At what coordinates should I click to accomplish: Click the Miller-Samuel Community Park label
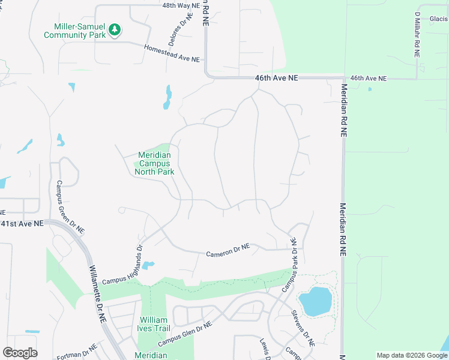pyautogui.click(x=75, y=30)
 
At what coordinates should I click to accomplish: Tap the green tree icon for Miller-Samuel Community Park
pyautogui.click(x=114, y=29)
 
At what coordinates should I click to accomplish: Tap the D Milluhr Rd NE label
pyautogui.click(x=417, y=34)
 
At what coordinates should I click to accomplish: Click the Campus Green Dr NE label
pyautogui.click(x=70, y=207)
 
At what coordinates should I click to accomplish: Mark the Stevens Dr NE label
pyautogui.click(x=303, y=329)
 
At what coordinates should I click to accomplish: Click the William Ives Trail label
pyautogui.click(x=155, y=324)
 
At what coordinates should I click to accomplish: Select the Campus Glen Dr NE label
pyautogui.click(x=185, y=335)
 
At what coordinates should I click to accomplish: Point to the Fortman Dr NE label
pyautogui.click(x=77, y=353)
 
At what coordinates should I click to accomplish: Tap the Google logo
pyautogui.click(x=20, y=353)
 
